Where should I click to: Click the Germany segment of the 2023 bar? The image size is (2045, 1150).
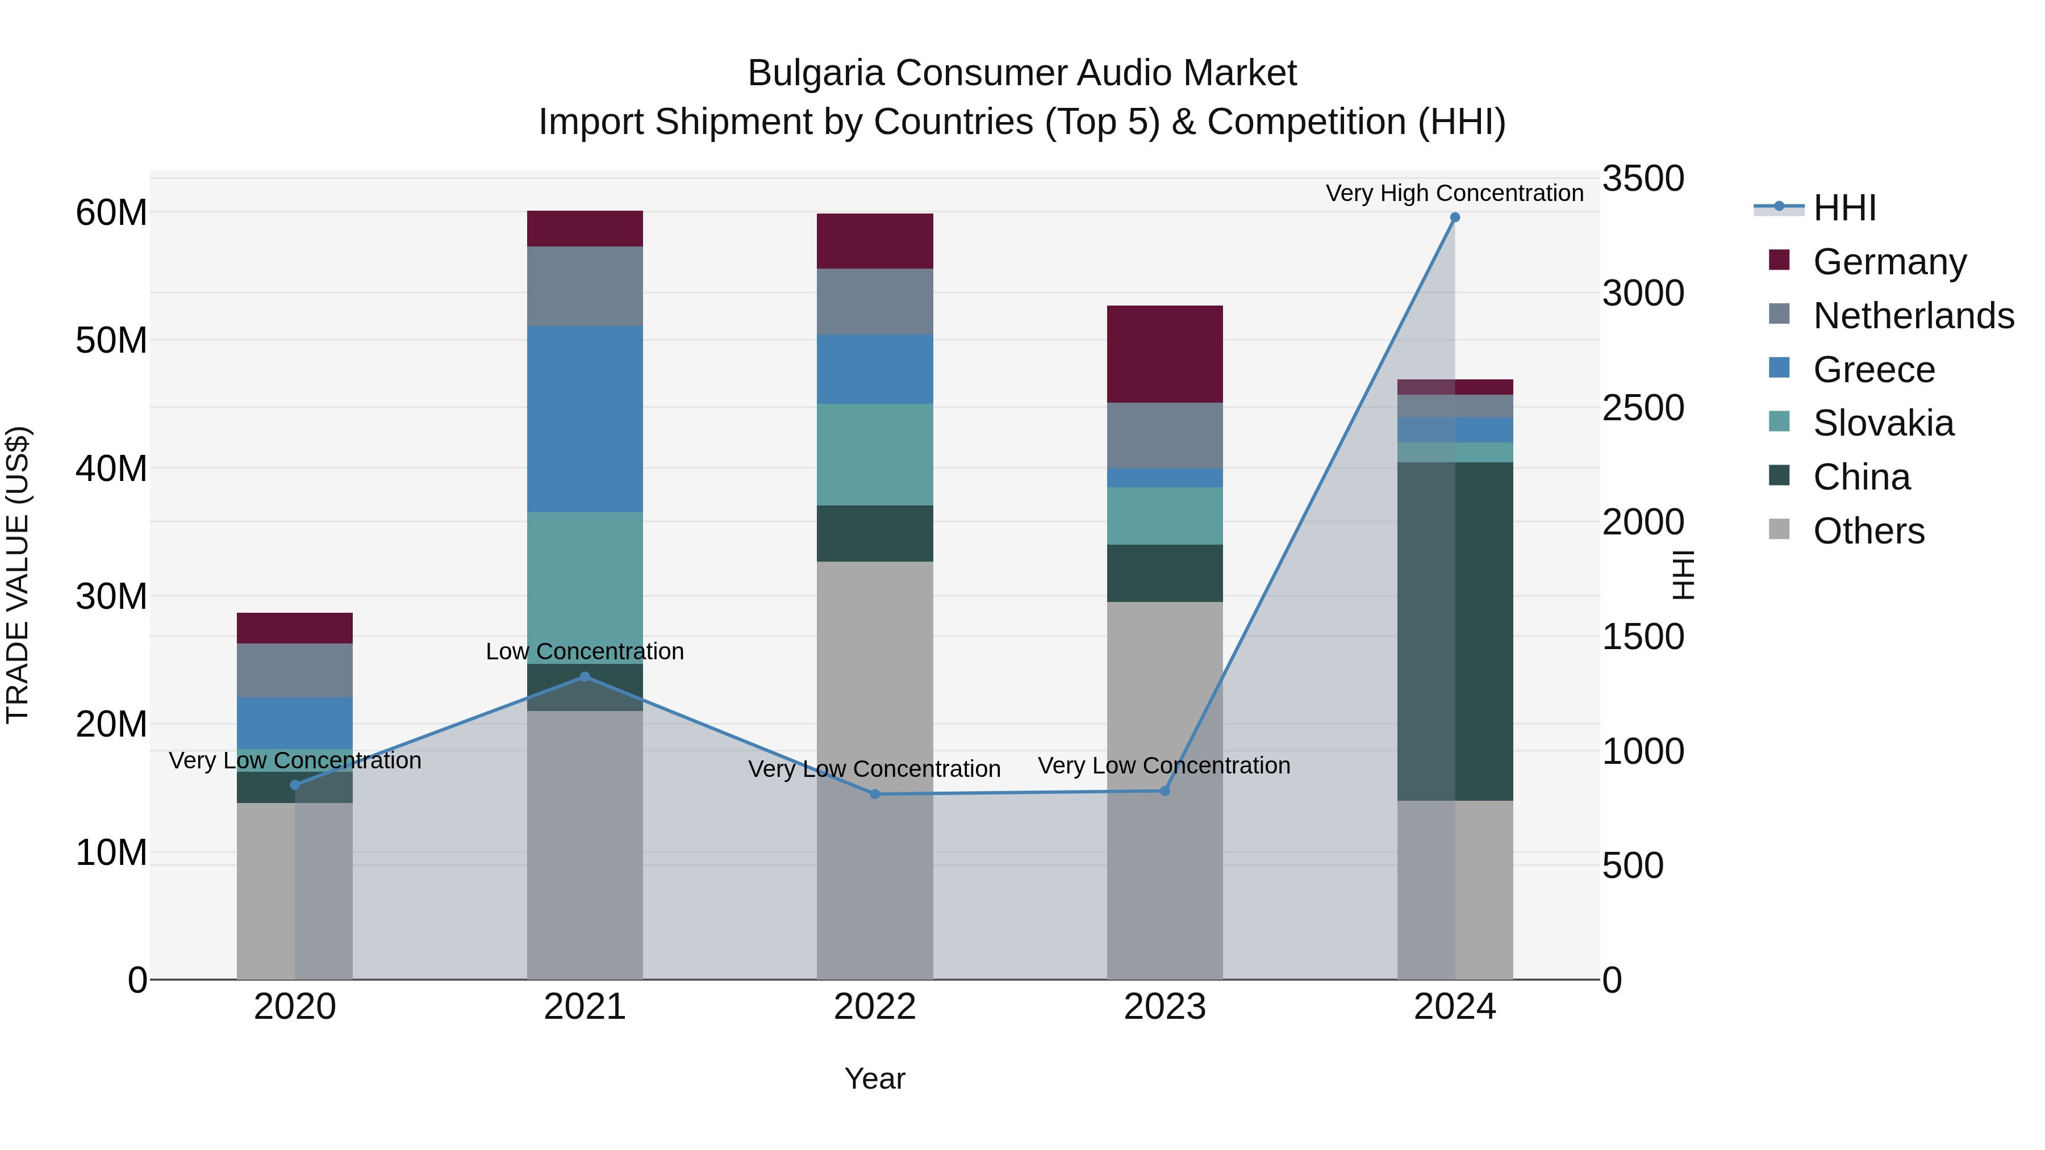point(1165,354)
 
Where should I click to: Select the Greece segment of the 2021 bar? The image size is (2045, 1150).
point(585,419)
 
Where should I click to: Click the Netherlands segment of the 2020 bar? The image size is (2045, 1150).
point(294,671)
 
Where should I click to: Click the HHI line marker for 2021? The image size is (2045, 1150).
point(585,677)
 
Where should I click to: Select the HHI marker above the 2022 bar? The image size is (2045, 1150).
point(875,794)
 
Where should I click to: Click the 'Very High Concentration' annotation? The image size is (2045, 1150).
point(1454,193)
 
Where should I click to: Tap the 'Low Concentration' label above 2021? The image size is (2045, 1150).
point(585,651)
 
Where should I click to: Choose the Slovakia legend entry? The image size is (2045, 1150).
point(1883,423)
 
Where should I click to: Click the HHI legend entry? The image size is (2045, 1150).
point(1844,208)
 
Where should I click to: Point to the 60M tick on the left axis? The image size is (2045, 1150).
point(111,213)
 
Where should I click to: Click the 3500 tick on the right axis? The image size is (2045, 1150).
point(1642,178)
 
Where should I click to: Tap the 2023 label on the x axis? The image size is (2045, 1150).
point(1165,1007)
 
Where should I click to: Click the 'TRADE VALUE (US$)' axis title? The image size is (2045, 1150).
point(18,575)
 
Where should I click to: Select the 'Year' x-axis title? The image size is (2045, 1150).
point(875,1078)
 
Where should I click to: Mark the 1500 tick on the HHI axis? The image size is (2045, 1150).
point(1642,637)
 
